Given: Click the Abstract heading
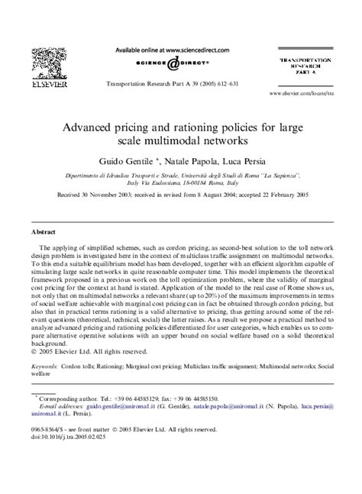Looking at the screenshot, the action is tap(43, 230).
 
